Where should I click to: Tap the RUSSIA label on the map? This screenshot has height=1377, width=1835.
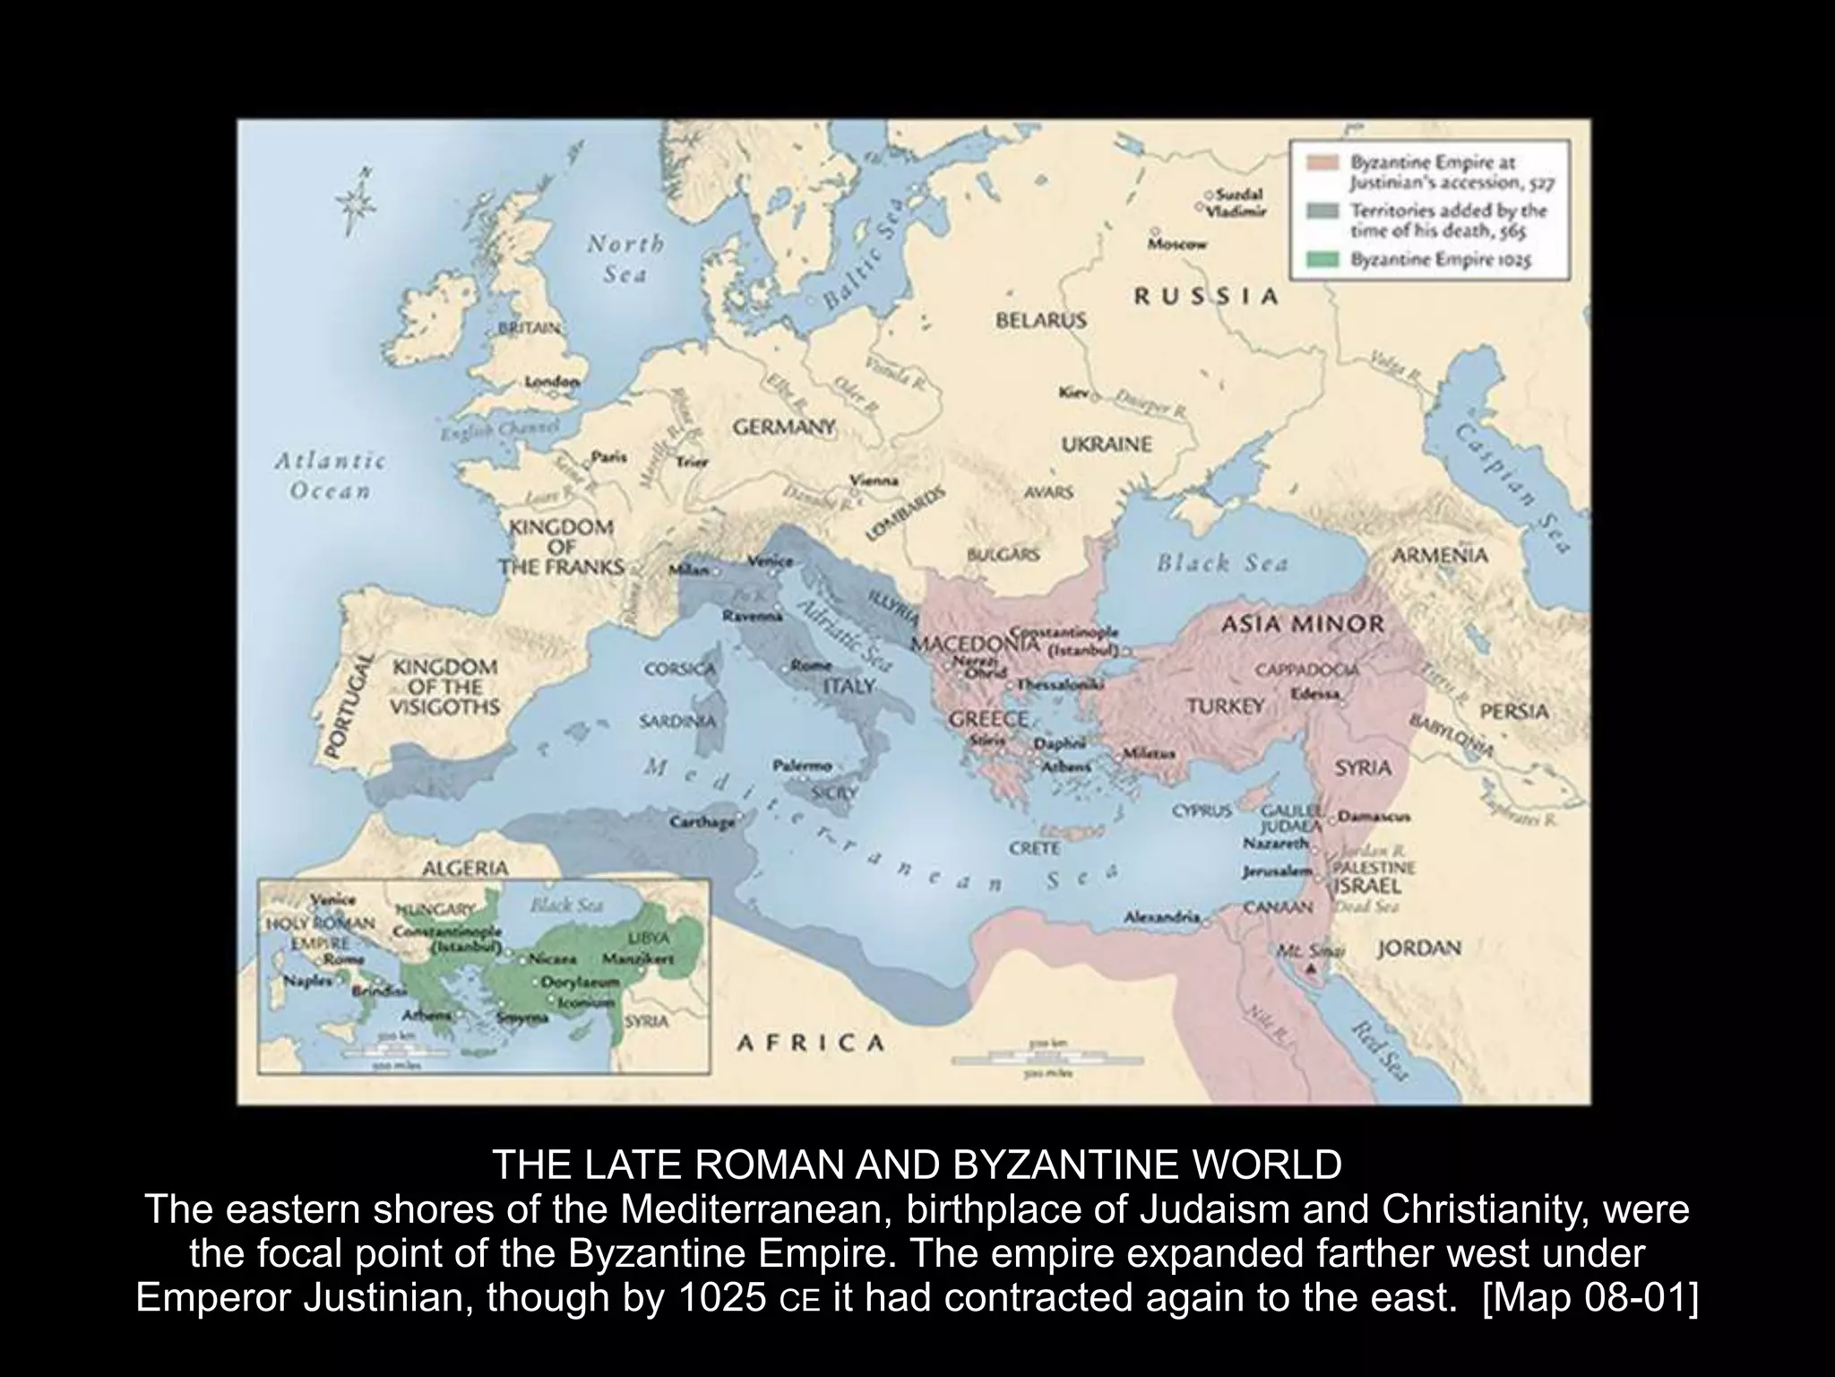(x=1205, y=297)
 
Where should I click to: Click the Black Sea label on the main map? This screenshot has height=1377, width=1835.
(x=1222, y=563)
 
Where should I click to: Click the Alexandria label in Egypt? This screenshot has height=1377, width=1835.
(x=1162, y=918)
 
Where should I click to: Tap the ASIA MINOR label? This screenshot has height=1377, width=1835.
(x=1303, y=624)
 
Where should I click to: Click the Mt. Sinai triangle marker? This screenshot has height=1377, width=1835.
(x=1311, y=969)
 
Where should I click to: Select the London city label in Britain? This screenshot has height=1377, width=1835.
(x=551, y=382)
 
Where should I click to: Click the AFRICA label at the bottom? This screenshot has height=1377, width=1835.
(x=810, y=1043)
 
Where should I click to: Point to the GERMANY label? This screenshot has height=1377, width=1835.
(x=784, y=427)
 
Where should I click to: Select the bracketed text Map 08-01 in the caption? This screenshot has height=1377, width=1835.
(x=1589, y=1297)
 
